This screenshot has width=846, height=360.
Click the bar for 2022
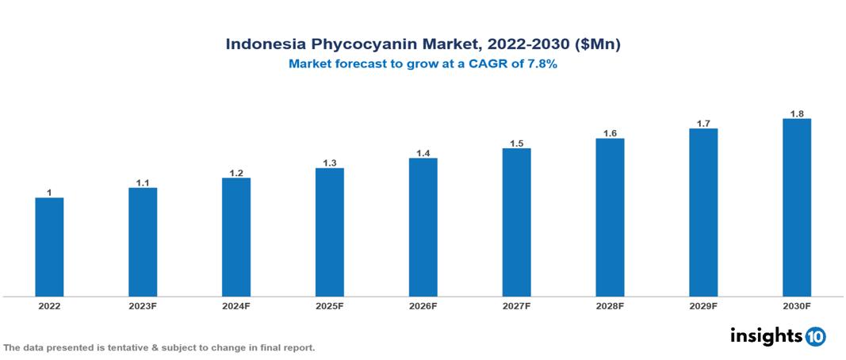[49, 247]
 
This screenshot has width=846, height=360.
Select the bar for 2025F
[329, 232]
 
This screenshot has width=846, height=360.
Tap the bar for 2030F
[796, 208]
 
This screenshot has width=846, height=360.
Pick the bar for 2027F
[516, 222]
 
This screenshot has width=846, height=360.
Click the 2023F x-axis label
[143, 305]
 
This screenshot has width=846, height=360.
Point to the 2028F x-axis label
[610, 305]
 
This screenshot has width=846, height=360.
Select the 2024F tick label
[235, 305]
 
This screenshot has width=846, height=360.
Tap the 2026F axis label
[423, 305]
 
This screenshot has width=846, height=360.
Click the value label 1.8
[797, 113]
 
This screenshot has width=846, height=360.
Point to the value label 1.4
[423, 153]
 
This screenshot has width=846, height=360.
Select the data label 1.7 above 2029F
[703, 124]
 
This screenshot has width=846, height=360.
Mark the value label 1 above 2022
[49, 193]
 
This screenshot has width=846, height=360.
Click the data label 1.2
[235, 173]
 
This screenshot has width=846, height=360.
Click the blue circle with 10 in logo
[815, 336]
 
